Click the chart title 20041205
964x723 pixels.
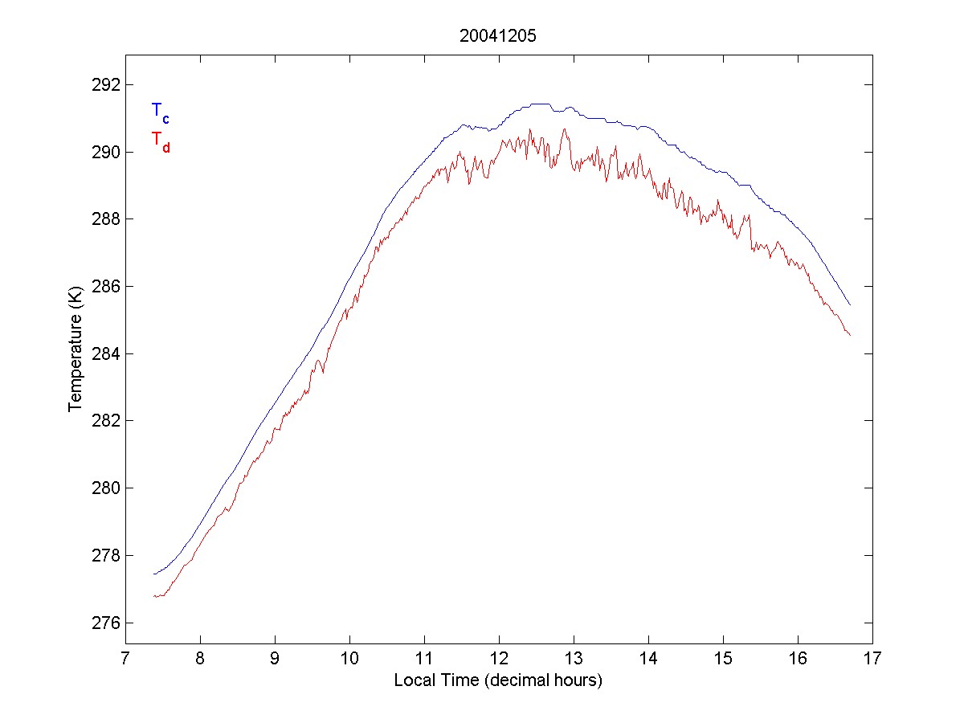498,36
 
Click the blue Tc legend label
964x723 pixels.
160,112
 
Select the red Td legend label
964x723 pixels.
160,141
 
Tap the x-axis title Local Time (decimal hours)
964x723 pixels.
498,680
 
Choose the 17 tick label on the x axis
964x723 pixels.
872,660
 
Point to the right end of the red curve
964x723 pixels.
850,335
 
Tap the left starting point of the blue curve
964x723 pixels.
153,574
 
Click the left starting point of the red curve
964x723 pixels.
153,595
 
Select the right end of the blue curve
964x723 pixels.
850,305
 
